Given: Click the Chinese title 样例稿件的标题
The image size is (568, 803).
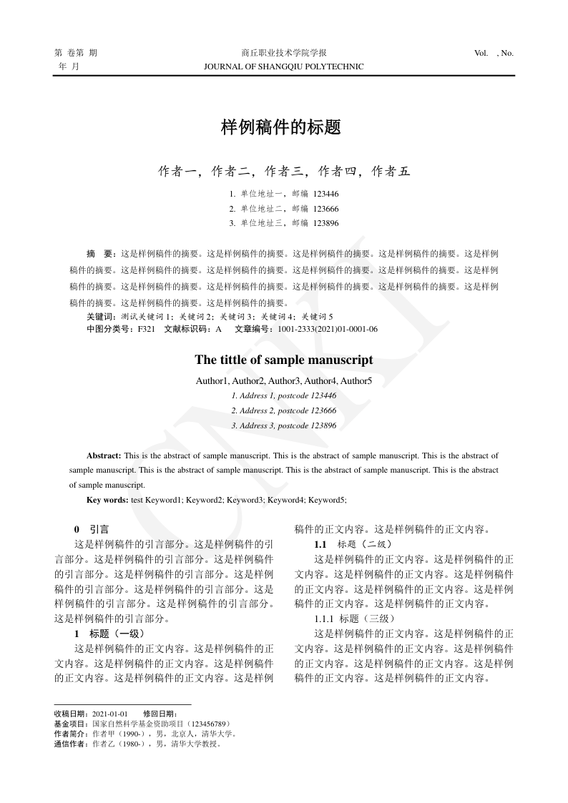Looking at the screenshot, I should (x=283, y=128).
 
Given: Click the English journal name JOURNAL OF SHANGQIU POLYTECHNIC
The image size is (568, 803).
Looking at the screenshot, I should (x=283, y=66).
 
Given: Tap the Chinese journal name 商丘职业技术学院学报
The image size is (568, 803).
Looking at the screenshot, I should (x=283, y=53).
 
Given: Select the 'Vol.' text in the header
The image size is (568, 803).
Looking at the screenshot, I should (x=481, y=53).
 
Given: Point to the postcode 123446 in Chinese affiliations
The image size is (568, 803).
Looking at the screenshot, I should (x=325, y=194).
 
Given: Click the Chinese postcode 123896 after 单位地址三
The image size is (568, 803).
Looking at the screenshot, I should (x=325, y=223).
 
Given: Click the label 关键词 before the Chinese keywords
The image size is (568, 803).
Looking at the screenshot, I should (x=100, y=316).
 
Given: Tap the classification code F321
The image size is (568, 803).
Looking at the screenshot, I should (x=146, y=329).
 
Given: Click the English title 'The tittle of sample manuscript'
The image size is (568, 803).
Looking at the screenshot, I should (x=283, y=360).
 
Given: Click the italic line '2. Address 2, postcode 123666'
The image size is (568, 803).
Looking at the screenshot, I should (x=283, y=410).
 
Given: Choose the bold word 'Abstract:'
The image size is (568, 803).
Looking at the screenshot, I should (x=104, y=455).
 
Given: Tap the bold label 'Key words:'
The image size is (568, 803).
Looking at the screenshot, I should (x=107, y=500).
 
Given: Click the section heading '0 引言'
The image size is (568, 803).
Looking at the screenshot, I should (x=92, y=530).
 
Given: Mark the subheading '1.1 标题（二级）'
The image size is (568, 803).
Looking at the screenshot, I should (x=353, y=544).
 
